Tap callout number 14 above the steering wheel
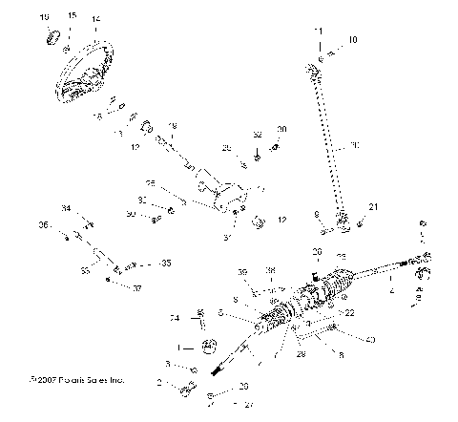tap(94, 19)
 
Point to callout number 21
tap(374, 207)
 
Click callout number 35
tap(167, 262)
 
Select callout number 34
tap(66, 208)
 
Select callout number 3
tap(167, 364)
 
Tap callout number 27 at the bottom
tap(222, 404)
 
